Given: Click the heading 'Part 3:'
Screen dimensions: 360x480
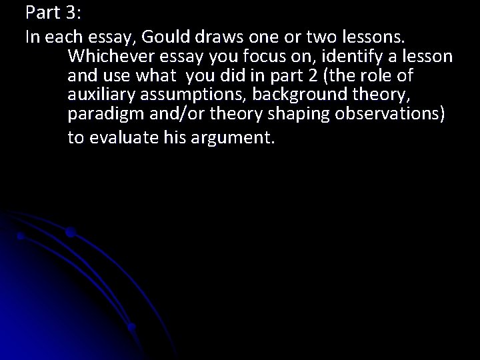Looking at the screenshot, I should click(52, 13).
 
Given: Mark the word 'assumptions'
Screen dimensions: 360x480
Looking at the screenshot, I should click(191, 95).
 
